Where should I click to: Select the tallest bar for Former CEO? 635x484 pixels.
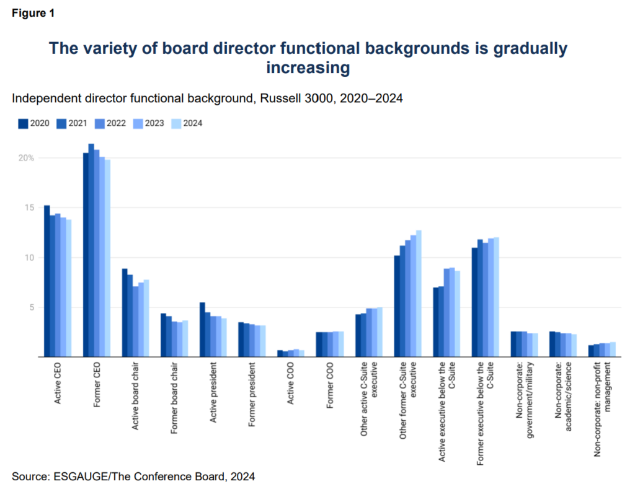pyautogui.click(x=91, y=250)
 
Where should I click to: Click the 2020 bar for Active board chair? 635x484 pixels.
pyautogui.click(x=125, y=313)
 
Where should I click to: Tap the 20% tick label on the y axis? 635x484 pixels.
pyautogui.click(x=27, y=158)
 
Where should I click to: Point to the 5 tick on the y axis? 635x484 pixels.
pyautogui.click(x=30, y=307)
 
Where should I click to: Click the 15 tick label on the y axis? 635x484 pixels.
pyautogui.click(x=29, y=208)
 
